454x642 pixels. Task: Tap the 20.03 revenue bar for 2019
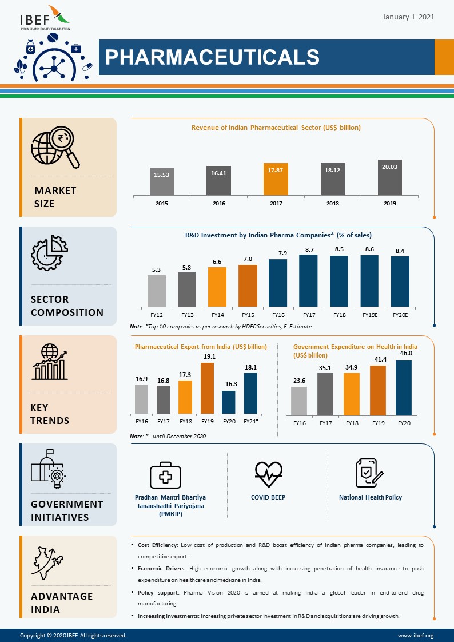[x=389, y=177]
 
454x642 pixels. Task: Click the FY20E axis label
[x=400, y=315]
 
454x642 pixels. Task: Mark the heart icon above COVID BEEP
[x=268, y=472]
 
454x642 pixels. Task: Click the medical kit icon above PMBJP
[x=165, y=475]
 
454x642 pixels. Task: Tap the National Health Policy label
[x=371, y=497]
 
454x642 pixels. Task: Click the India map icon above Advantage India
[x=48, y=563]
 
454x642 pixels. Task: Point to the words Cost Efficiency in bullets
[x=158, y=545]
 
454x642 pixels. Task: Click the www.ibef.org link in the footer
[x=416, y=635]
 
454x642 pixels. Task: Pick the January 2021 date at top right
[x=408, y=17]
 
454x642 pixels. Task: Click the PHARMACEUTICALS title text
[x=212, y=57]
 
